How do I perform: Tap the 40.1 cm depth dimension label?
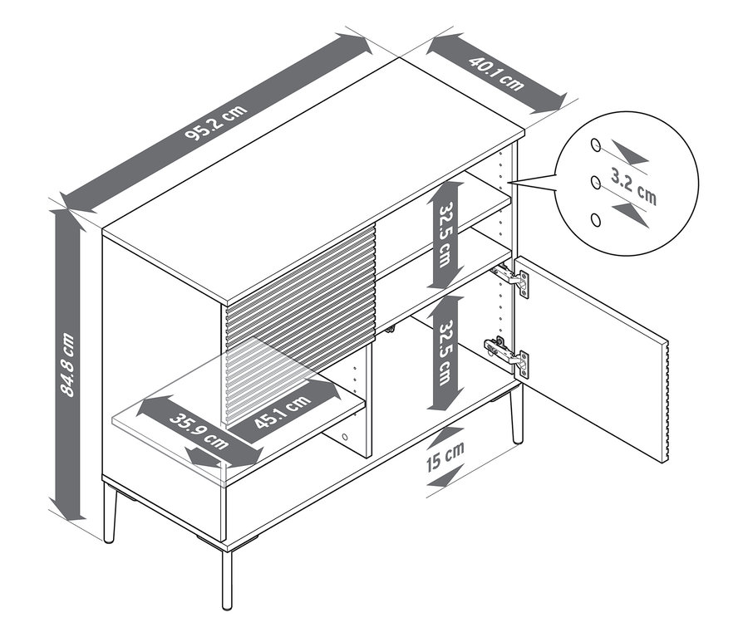pos(496,73)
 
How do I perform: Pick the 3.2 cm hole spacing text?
pos(633,187)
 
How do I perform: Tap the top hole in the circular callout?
pos(595,145)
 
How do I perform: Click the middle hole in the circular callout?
pos(595,182)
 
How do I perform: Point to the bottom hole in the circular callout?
pos(595,219)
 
